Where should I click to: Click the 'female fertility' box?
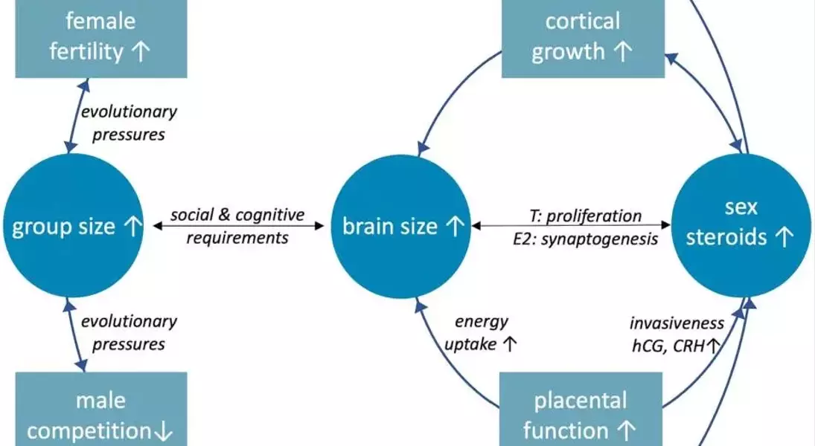point(101,37)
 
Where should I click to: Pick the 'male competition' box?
point(101,415)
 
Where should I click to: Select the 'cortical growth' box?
point(582,37)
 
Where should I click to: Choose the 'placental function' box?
point(581,415)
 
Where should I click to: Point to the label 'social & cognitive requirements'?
point(237,226)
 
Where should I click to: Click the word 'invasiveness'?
point(676,323)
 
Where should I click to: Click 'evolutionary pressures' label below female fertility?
point(129,123)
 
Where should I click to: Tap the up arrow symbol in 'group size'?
point(130,227)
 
